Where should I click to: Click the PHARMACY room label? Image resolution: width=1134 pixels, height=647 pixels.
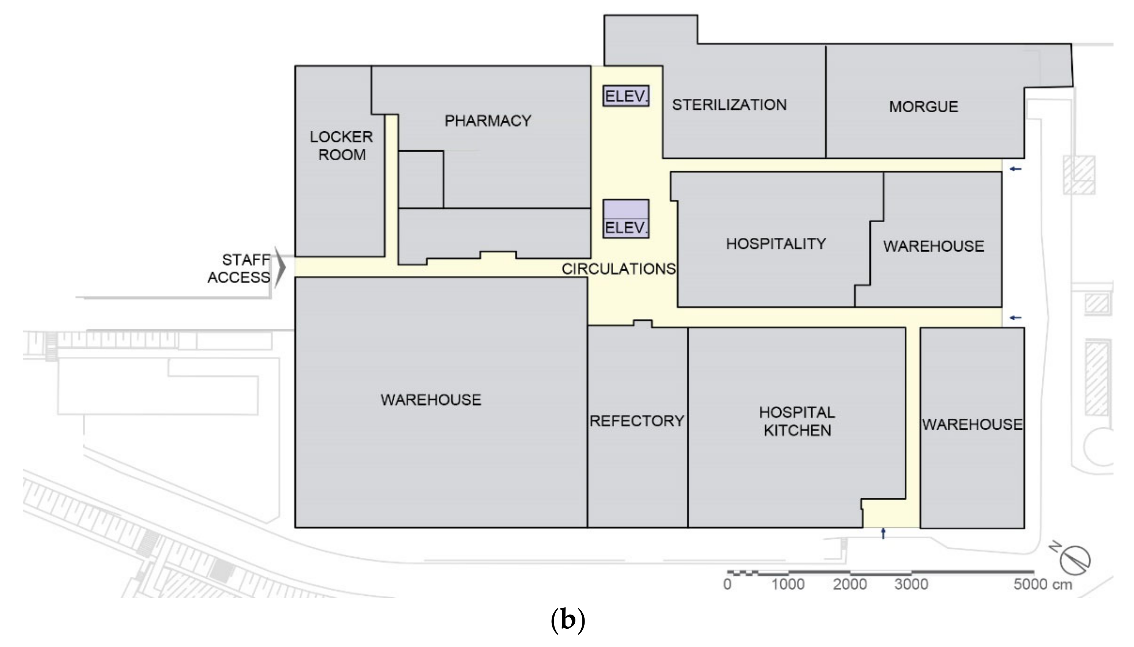click(x=487, y=121)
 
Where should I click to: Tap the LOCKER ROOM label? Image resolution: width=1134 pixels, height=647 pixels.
click(x=341, y=146)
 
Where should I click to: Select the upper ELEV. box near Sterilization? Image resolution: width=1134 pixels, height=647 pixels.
click(x=626, y=96)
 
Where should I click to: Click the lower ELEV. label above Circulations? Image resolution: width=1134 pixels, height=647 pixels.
click(x=626, y=228)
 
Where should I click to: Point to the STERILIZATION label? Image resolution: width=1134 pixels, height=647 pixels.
click(x=729, y=105)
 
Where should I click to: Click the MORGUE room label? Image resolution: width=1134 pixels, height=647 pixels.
click(x=923, y=106)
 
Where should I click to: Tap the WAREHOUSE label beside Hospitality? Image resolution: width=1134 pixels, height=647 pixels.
click(x=933, y=246)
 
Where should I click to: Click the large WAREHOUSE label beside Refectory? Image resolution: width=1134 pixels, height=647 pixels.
click(x=431, y=400)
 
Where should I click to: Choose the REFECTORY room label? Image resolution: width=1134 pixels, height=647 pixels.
click(x=637, y=421)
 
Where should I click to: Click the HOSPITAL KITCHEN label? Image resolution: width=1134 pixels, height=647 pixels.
click(x=797, y=421)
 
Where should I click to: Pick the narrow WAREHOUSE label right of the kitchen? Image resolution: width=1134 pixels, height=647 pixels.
click(x=972, y=425)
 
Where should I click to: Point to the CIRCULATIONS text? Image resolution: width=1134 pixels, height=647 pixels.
click(x=618, y=269)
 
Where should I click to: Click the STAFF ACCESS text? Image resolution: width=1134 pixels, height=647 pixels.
click(x=239, y=268)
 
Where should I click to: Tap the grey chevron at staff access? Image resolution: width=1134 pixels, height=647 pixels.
click(x=279, y=268)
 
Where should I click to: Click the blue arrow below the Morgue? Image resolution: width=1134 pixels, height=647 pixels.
click(x=1015, y=169)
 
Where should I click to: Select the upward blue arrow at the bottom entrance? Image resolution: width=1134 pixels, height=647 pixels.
click(x=883, y=533)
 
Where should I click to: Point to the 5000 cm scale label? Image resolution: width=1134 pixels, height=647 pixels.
click(x=1042, y=584)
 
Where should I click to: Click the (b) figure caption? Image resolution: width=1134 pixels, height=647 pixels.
click(x=567, y=620)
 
